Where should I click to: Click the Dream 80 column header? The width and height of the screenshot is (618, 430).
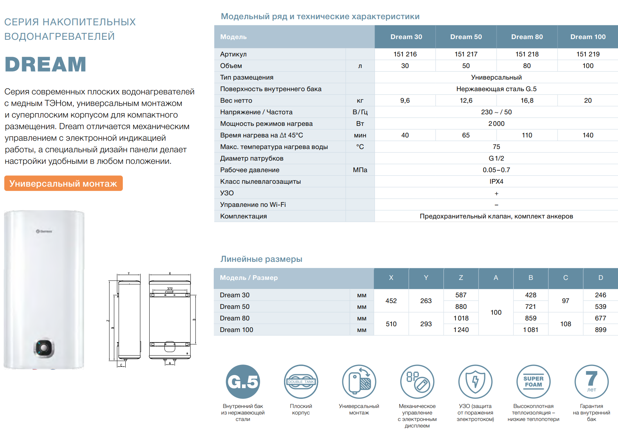click(527, 37)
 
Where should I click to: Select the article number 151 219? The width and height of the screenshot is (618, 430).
click(588, 54)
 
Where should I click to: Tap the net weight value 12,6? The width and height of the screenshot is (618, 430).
click(466, 101)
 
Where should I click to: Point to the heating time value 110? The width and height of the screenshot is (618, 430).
click(527, 135)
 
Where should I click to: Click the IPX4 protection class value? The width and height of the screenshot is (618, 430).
click(496, 182)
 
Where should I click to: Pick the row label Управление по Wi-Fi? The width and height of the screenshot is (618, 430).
click(253, 205)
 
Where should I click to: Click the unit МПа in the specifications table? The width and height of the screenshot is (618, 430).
click(360, 170)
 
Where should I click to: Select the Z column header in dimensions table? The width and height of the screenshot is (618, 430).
click(461, 278)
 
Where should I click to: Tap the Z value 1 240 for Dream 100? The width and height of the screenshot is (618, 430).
click(461, 330)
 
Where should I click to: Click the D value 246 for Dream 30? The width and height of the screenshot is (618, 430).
click(600, 295)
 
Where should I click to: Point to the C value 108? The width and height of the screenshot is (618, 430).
click(565, 324)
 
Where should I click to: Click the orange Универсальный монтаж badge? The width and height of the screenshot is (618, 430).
click(63, 183)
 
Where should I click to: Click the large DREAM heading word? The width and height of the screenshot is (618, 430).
click(46, 65)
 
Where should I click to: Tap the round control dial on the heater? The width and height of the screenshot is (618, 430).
click(44, 348)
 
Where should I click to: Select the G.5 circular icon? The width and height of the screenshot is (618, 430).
click(243, 382)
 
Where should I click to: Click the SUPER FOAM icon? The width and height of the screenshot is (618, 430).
click(533, 382)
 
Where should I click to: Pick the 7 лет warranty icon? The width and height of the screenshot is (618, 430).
click(591, 382)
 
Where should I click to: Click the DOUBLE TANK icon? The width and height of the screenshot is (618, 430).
click(301, 382)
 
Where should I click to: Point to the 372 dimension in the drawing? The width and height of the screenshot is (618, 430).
click(170, 289)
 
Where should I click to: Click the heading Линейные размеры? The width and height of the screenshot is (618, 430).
click(261, 259)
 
